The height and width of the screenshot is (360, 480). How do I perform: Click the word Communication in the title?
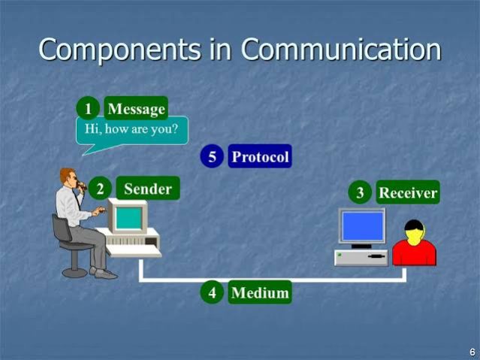(341, 49)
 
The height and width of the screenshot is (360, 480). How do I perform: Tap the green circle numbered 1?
(88, 108)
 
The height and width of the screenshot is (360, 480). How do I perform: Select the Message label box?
(136, 108)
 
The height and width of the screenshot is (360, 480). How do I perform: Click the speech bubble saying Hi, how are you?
(131, 131)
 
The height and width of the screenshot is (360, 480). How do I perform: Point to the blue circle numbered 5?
(212, 156)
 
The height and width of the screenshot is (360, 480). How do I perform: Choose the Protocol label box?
(260, 156)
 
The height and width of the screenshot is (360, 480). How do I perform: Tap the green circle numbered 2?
(100, 188)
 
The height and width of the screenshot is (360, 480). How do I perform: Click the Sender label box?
(148, 188)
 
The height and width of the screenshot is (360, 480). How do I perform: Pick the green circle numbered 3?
(360, 192)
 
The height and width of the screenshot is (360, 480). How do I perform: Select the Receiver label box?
(408, 192)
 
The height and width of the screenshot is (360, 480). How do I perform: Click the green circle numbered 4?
(212, 292)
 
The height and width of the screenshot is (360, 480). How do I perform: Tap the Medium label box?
(260, 292)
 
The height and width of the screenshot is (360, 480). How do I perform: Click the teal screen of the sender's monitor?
(129, 218)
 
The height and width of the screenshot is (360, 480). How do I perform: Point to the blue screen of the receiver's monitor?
(363, 225)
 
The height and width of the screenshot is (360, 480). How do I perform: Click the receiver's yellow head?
(414, 233)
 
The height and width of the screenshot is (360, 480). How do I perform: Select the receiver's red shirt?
(414, 253)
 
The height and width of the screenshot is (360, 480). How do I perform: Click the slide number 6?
(472, 352)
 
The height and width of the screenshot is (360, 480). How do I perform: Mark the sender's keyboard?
(134, 251)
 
